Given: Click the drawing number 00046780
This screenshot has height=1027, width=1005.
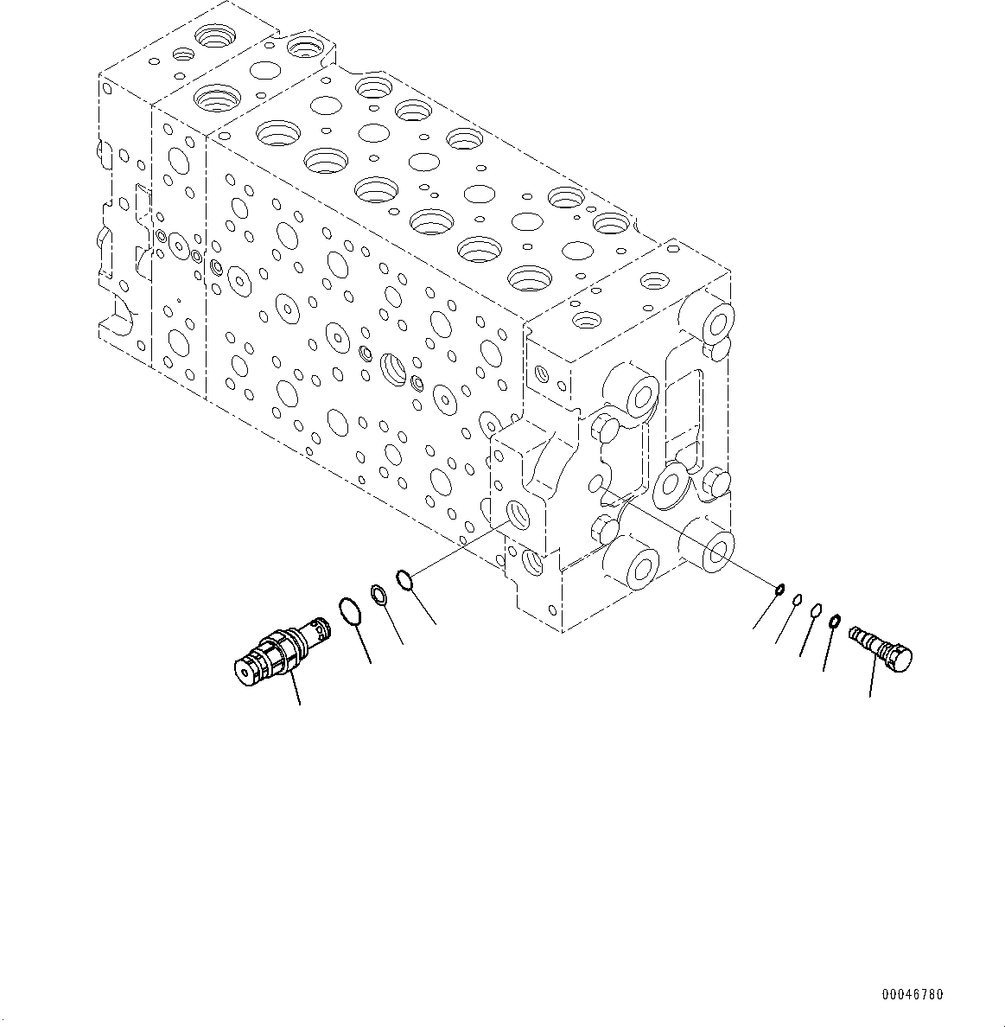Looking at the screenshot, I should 912,994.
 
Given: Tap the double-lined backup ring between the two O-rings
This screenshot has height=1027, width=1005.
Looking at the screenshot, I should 378,593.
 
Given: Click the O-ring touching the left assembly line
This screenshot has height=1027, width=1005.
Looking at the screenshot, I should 405,578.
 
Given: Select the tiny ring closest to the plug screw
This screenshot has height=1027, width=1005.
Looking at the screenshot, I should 835,621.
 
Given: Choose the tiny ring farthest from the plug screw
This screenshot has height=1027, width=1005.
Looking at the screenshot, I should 779,590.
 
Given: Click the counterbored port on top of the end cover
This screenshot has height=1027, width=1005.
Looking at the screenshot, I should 655,281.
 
